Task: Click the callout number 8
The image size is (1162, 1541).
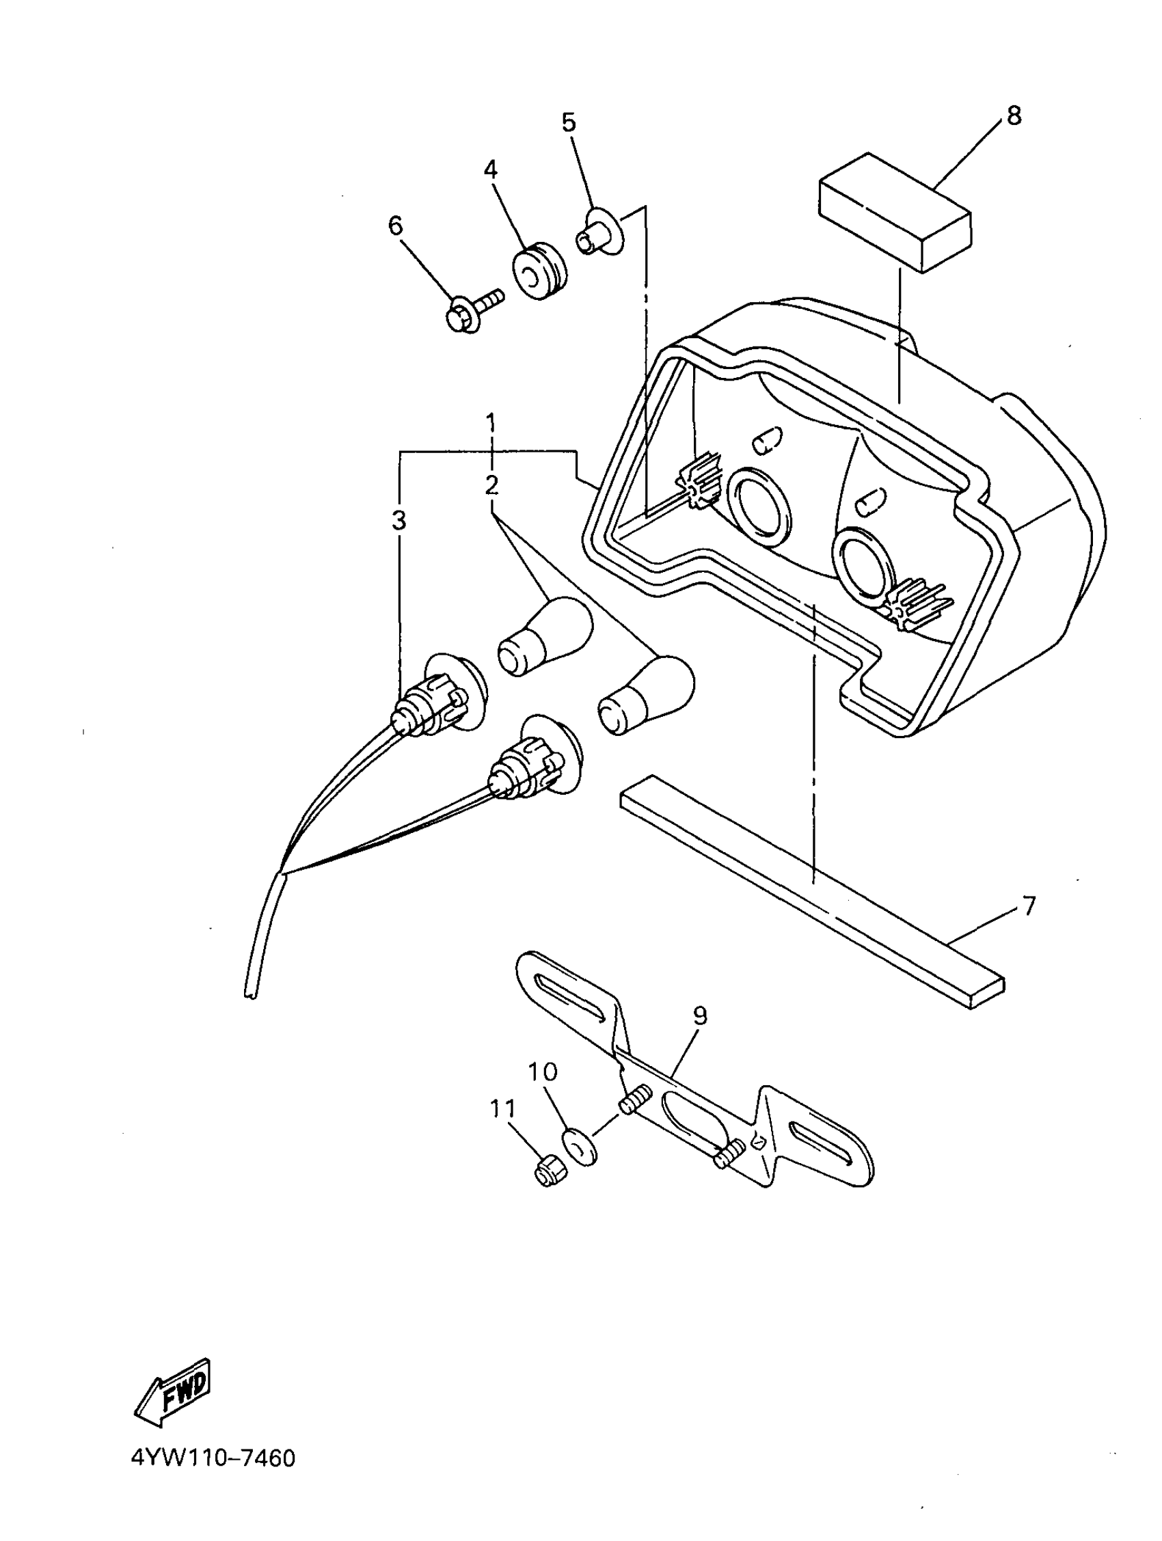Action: tap(1014, 115)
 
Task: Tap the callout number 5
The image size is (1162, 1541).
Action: tap(569, 122)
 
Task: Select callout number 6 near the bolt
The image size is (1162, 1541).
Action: tap(395, 226)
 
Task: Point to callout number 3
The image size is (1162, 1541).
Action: tap(398, 521)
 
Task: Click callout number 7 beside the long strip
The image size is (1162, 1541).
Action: tap(1028, 905)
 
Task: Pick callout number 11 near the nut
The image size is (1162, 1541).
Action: tap(502, 1108)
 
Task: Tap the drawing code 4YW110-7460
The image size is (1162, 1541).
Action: tap(213, 1458)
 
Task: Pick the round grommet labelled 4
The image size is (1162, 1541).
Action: tap(540, 271)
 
